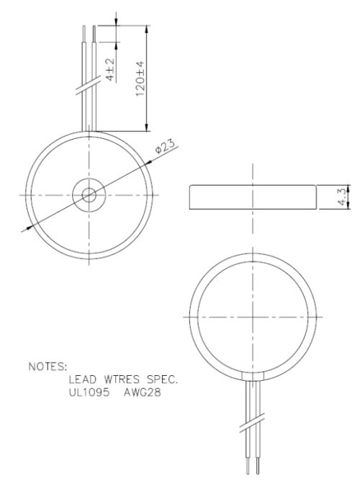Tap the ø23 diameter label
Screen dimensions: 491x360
(166, 148)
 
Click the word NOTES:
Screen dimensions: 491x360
(47, 365)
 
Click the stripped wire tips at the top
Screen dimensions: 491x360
(89, 32)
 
